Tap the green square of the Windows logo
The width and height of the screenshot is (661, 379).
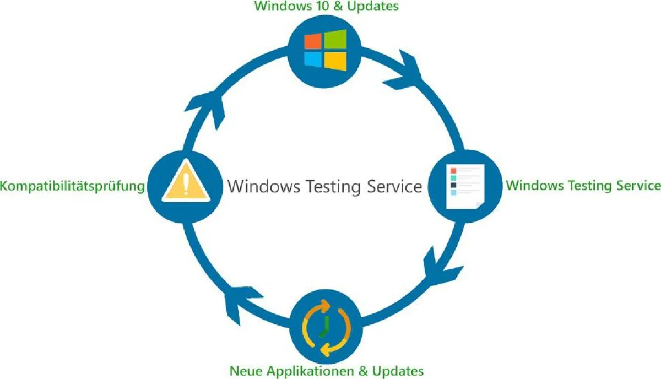pos(335,39)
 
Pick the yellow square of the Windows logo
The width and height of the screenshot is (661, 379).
pos(335,61)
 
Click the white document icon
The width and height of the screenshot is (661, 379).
pos(464,186)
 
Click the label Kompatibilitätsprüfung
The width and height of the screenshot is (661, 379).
pos(72,186)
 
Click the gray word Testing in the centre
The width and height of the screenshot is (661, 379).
pos(332,186)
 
